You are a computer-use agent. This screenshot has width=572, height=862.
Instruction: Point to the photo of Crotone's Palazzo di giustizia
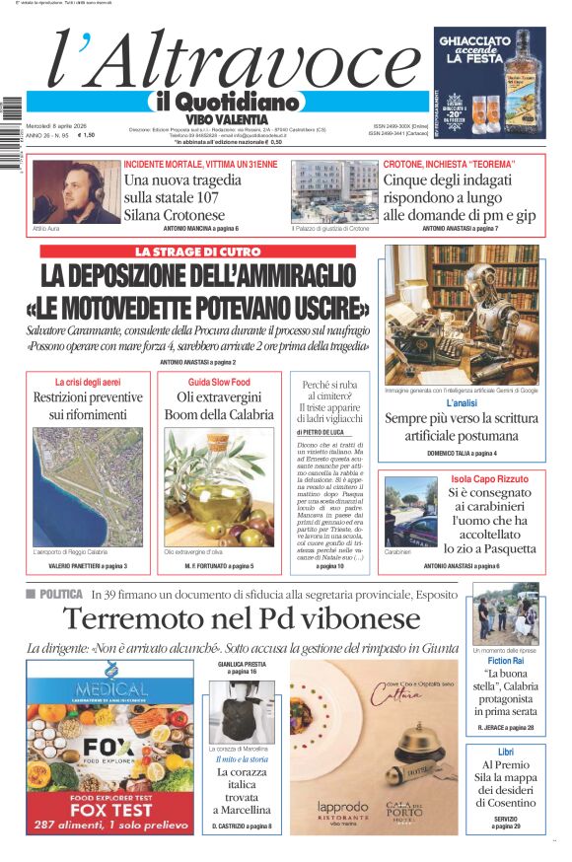(x=332, y=191)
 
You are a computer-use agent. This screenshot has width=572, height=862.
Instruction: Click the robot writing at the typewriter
(x=462, y=315)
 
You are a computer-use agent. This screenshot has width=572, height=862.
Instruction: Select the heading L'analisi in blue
(x=461, y=403)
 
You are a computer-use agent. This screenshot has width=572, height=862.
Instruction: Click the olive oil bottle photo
(x=219, y=488)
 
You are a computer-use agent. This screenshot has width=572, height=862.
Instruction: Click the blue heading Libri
(x=505, y=752)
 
